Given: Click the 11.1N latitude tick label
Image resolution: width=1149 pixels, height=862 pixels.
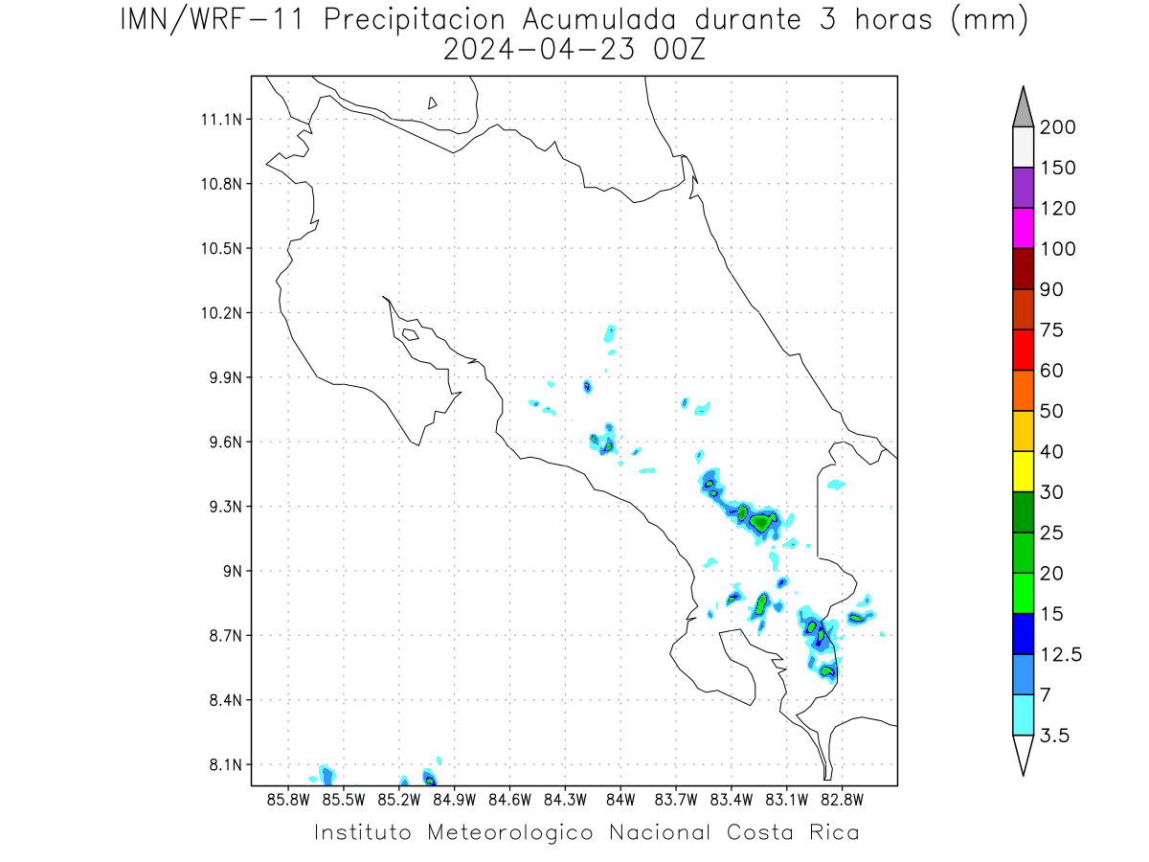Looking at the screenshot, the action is click(221, 120).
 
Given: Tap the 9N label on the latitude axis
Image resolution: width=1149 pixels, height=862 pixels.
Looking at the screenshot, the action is click(233, 571).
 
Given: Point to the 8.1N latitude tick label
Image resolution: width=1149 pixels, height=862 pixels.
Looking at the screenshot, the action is click(226, 764).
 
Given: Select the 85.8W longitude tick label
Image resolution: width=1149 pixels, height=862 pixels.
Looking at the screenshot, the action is click(288, 800).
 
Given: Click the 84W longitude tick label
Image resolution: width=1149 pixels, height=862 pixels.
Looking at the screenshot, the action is click(620, 800).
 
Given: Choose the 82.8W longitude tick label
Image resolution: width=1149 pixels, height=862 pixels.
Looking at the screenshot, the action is click(843, 800).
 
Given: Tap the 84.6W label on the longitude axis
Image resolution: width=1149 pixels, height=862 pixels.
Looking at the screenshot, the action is click(509, 800).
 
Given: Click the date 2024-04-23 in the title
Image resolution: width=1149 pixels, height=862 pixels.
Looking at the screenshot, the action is click(539, 50).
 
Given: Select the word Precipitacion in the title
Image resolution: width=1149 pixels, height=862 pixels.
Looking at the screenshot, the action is click(415, 20).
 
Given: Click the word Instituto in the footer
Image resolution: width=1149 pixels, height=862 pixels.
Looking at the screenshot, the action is click(363, 832).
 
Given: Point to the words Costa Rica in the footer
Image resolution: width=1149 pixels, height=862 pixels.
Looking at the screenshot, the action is click(793, 832).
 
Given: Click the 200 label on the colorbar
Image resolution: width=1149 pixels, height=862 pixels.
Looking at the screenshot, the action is click(1057, 127).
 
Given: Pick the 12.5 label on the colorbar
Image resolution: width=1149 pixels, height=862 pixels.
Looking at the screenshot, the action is click(1061, 655).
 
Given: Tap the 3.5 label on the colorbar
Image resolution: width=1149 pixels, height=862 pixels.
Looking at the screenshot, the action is click(1054, 736).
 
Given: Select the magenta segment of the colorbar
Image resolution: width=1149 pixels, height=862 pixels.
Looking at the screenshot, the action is click(1023, 228).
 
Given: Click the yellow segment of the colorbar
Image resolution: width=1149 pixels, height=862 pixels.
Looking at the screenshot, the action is click(1023, 471).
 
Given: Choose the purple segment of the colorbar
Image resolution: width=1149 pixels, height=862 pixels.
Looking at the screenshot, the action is click(1023, 188).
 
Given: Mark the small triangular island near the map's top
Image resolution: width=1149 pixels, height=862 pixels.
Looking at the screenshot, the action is click(432, 103).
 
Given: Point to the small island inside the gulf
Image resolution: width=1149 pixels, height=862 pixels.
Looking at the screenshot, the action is click(411, 334).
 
